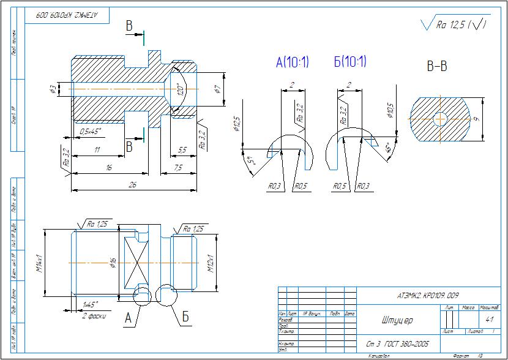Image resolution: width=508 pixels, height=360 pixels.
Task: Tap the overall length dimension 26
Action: [132, 186]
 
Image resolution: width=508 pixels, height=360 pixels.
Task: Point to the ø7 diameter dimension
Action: [217, 89]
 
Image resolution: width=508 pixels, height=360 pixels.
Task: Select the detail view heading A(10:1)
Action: [293, 62]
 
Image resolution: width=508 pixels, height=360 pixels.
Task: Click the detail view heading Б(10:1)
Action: [350, 61]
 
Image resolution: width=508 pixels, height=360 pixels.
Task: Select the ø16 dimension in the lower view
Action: [113, 264]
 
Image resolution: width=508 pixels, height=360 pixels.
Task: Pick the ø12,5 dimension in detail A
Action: [236, 124]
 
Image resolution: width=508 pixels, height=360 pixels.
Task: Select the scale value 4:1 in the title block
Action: [489, 320]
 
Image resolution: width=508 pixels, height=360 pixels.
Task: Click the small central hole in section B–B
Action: [439, 118]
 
